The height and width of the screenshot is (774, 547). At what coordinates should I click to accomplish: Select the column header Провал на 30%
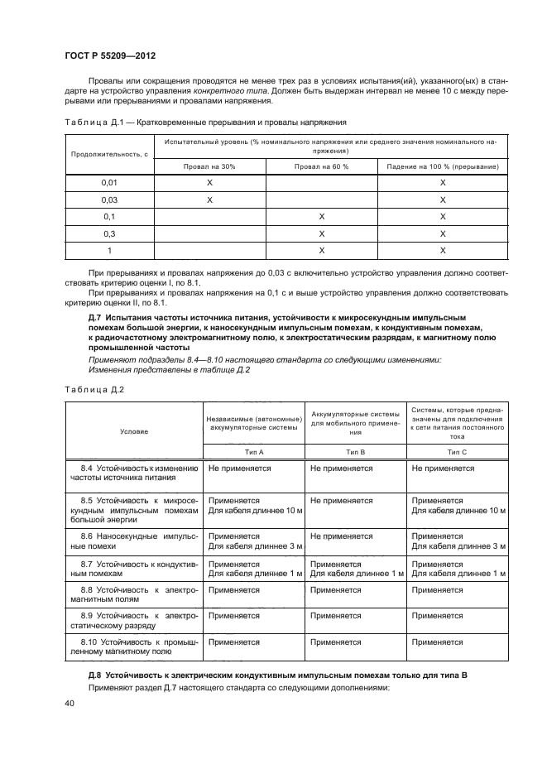click(209, 167)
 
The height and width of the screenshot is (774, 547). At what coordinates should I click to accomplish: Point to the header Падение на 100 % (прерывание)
click(443, 167)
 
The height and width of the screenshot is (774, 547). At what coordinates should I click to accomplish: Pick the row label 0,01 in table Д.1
click(108, 182)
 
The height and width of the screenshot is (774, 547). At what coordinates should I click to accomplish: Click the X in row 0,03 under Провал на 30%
click(209, 200)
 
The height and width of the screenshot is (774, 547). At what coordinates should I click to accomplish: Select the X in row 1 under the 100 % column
click(443, 250)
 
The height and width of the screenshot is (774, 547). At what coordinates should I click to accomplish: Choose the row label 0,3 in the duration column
click(108, 233)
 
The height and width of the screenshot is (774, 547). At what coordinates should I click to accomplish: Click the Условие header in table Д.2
click(134, 431)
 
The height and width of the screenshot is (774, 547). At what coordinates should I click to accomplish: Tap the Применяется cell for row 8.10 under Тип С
click(437, 642)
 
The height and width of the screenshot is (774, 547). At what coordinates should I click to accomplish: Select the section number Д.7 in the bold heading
click(95, 318)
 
